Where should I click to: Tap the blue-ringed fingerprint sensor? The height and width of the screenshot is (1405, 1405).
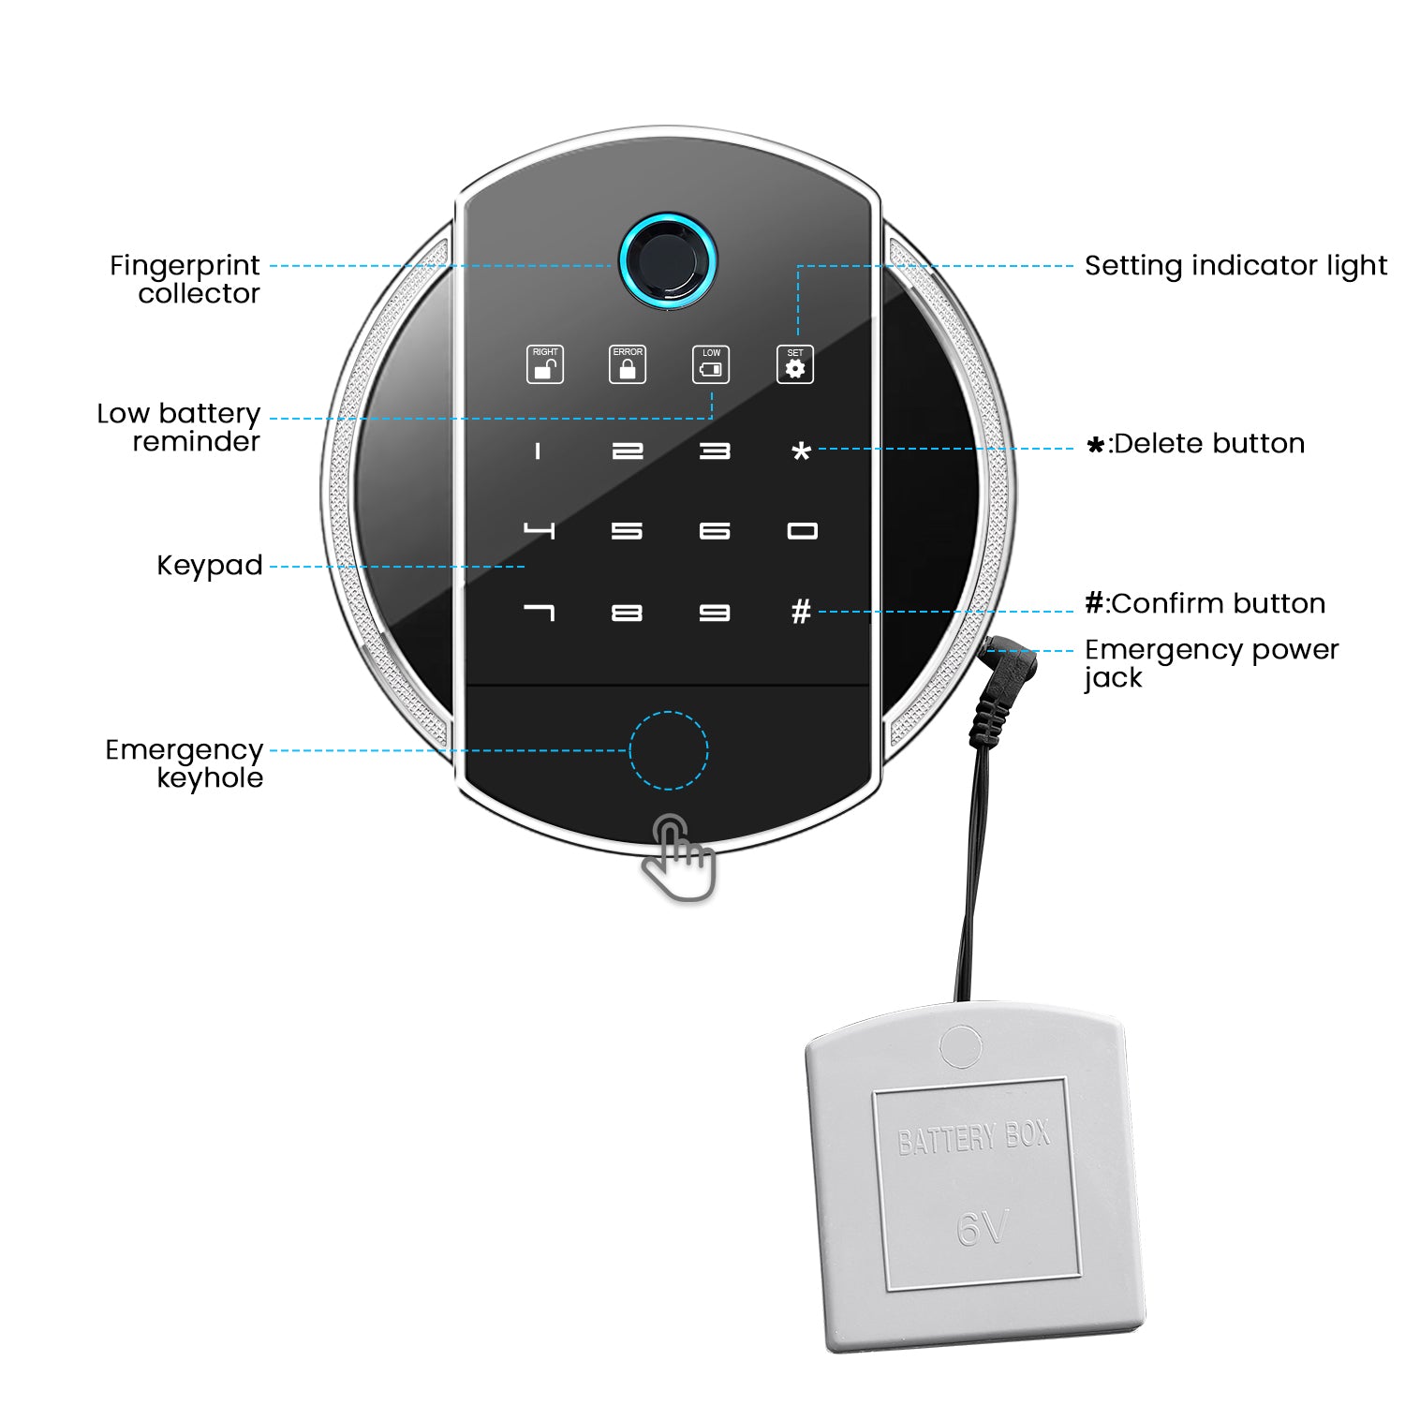click(x=667, y=259)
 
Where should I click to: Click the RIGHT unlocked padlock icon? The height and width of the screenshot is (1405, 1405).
click(x=544, y=364)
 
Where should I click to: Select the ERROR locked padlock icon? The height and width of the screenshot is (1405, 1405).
click(x=628, y=364)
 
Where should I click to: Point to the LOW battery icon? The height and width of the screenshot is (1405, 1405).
click(x=711, y=364)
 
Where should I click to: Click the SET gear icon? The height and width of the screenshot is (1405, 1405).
click(x=794, y=364)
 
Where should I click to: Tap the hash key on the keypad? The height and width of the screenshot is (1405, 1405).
click(x=801, y=612)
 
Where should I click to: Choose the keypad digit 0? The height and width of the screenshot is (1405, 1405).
click(x=802, y=531)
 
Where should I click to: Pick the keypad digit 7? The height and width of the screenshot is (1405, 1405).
click(x=539, y=613)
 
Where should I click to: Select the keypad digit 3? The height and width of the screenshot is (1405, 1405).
click(x=715, y=451)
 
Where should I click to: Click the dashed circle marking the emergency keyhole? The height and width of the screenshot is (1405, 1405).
click(x=668, y=750)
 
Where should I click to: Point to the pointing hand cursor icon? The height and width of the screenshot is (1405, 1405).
click(x=679, y=857)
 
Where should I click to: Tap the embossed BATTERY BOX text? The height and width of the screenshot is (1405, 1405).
click(x=973, y=1138)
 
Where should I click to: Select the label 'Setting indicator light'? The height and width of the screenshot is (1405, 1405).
click(x=1235, y=266)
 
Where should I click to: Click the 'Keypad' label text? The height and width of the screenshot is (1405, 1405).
click(x=210, y=566)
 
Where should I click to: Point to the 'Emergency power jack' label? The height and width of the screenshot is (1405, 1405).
click(x=1211, y=663)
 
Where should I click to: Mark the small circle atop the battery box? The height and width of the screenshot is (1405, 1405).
click(x=960, y=1047)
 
